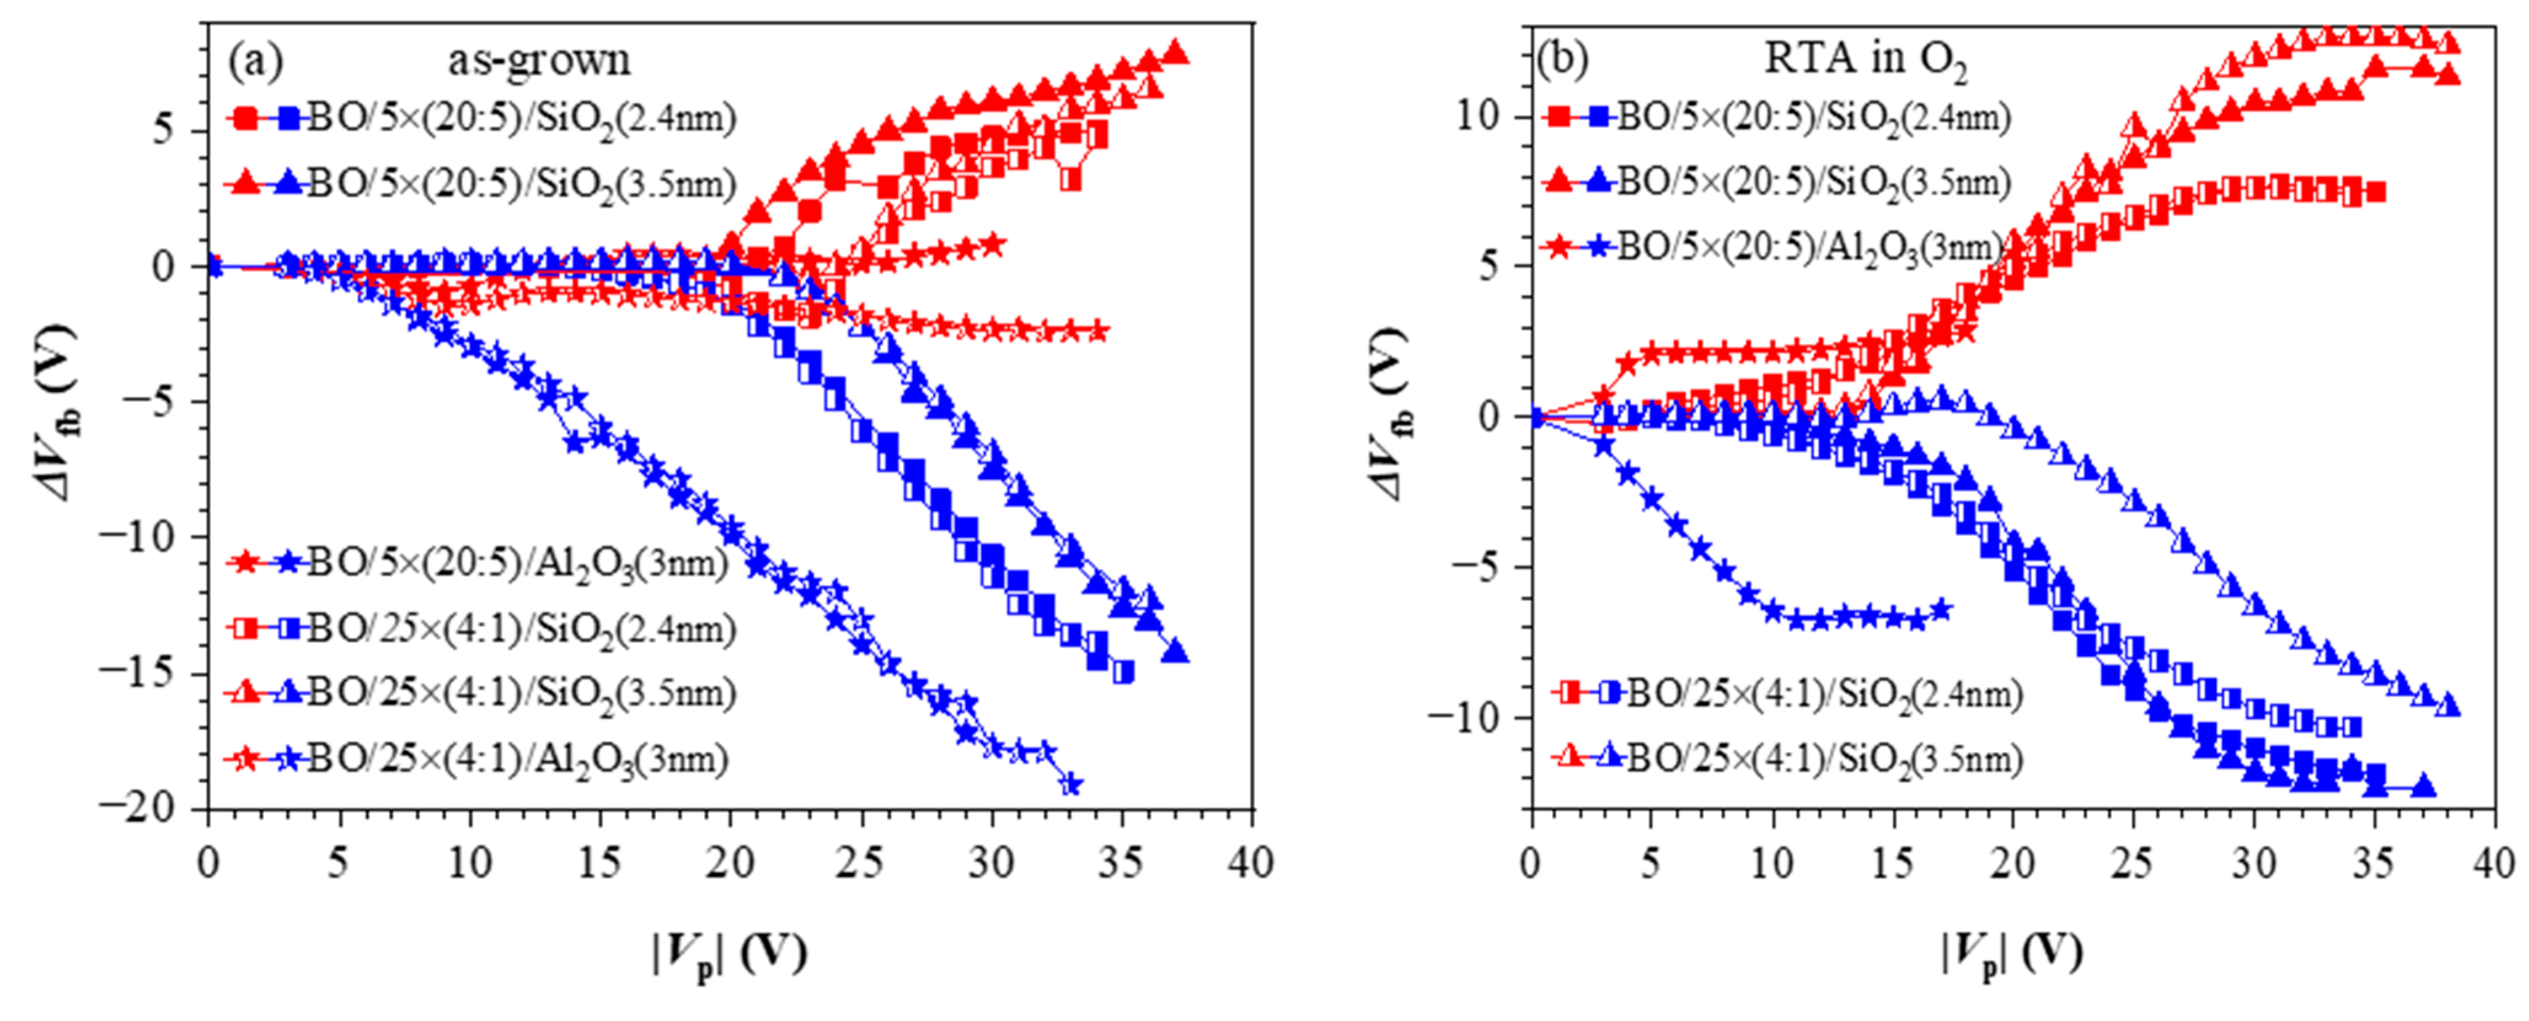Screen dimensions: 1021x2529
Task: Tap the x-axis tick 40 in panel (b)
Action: coord(2494,864)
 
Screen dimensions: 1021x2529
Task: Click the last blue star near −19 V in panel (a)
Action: coord(1071,784)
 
